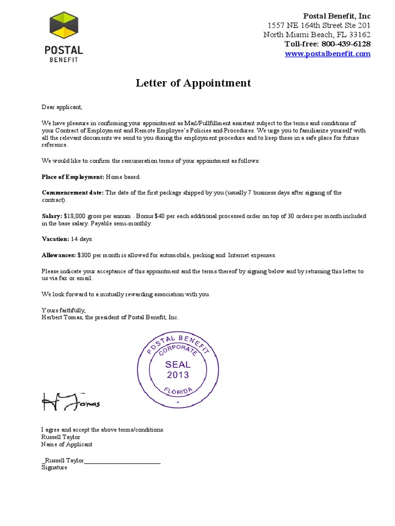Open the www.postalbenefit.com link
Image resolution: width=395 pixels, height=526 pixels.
[x=328, y=54]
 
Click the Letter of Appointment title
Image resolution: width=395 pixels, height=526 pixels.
[x=193, y=83]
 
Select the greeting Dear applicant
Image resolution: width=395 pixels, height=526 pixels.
[x=62, y=107]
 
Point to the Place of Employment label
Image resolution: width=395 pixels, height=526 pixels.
[x=73, y=177]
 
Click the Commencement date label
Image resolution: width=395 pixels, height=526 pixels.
[x=73, y=193]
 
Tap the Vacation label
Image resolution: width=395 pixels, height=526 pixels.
[x=55, y=239]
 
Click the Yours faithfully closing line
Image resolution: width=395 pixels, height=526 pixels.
[x=63, y=310]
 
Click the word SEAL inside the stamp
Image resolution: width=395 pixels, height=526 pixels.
[x=178, y=364]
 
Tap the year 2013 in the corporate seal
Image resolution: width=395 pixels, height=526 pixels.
[x=178, y=375]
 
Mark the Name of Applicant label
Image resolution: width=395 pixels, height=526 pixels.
[x=67, y=444]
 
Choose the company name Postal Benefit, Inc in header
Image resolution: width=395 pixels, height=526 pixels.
[x=337, y=16]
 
